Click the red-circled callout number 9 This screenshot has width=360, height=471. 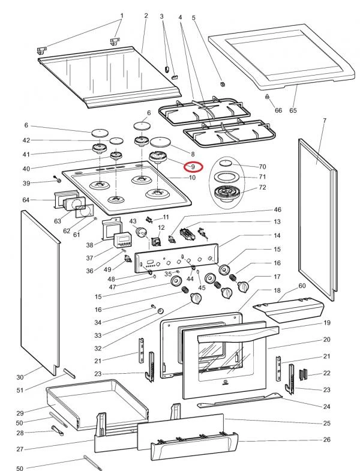pos(193,166)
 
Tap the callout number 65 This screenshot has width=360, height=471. pos(293,110)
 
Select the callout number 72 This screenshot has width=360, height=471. pos(262,187)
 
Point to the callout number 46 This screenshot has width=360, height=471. pos(277,209)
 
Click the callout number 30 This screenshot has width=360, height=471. pos(20,377)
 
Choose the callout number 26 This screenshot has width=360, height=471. pos(326,439)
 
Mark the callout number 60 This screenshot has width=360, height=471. pos(302,286)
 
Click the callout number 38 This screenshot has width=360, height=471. pos(89,245)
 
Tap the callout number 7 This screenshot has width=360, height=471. pos(325,121)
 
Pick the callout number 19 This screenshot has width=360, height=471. pos(326,323)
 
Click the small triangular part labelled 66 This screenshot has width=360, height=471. pos(266,97)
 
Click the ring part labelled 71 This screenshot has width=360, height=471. pos(228,176)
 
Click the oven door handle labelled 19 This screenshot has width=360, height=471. pos(238,335)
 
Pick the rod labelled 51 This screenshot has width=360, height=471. pos(69,374)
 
